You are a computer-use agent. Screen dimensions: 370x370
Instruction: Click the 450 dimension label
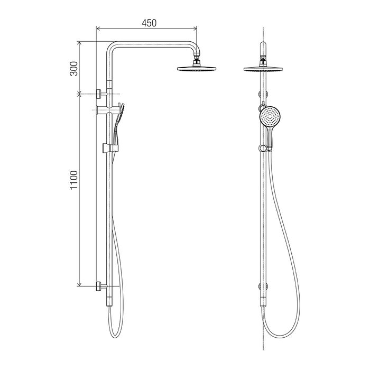point(149,23)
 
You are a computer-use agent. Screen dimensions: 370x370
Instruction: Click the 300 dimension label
point(73,68)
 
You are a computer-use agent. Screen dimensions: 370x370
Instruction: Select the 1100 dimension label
point(73,180)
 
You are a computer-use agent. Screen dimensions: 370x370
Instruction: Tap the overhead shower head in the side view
point(197,69)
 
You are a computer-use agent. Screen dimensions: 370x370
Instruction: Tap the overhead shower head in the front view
point(263,69)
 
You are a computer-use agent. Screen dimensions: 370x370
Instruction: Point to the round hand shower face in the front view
point(270,117)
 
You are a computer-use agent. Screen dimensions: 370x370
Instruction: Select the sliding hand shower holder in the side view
point(110,147)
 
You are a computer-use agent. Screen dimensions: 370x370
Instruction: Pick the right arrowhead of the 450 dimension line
point(195,29)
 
